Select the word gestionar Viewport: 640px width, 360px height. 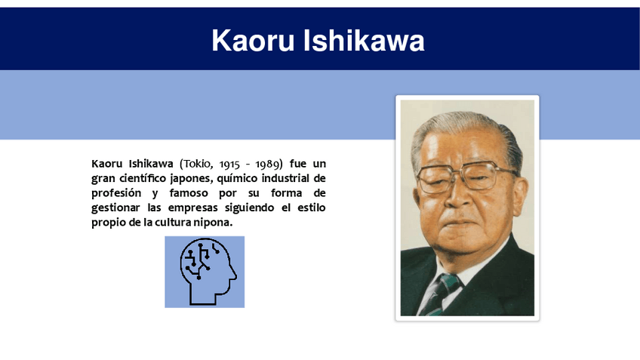115,208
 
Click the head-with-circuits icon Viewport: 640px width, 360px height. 205,271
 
